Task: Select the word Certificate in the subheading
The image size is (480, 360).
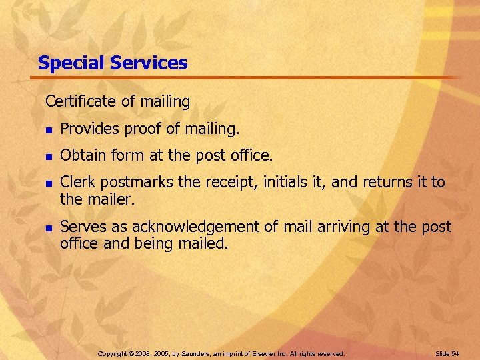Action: [75, 101]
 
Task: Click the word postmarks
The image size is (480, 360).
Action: [133, 183]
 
